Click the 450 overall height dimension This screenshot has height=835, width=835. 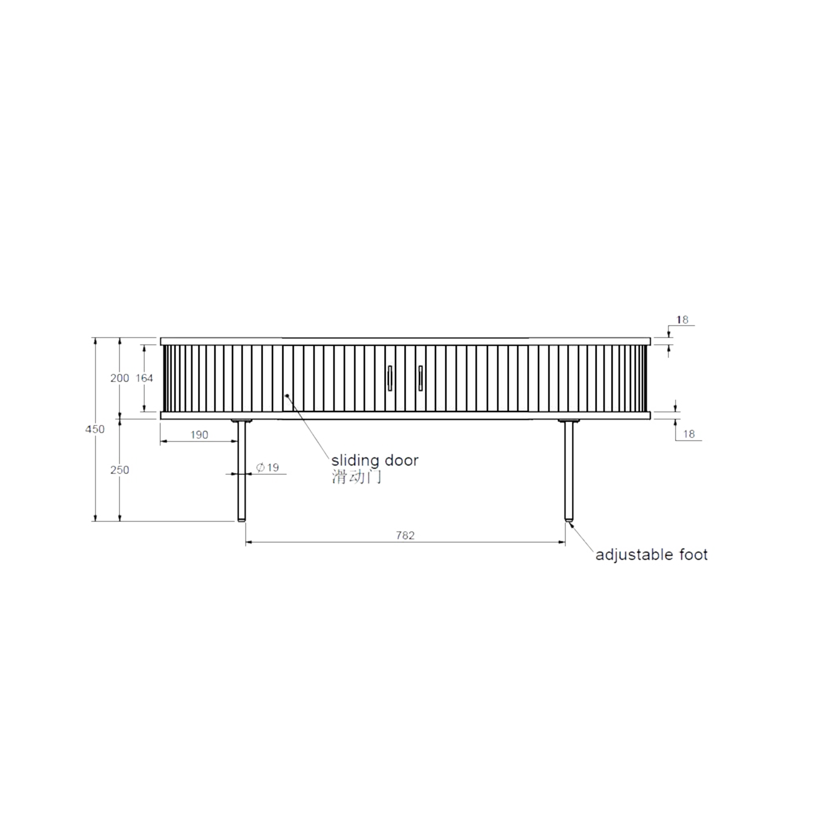point(95,429)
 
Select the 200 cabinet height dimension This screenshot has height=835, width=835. point(119,378)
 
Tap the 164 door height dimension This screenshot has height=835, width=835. point(144,378)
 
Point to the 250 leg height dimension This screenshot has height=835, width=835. point(119,470)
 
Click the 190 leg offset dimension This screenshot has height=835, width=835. point(199,435)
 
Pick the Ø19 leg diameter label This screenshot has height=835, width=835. point(267,468)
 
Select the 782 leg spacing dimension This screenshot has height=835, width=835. point(405,535)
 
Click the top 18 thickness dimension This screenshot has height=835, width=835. point(682,320)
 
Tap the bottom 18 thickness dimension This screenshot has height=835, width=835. point(688,434)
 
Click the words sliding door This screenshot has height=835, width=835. point(375,460)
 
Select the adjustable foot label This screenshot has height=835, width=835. point(651,555)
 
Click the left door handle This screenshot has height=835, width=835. point(390,378)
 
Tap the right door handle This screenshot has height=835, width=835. point(421,378)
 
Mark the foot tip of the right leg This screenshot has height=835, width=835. point(568,519)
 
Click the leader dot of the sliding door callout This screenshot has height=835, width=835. point(287,395)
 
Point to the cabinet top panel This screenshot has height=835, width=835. point(405,341)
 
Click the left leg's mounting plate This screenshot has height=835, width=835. point(242,421)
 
